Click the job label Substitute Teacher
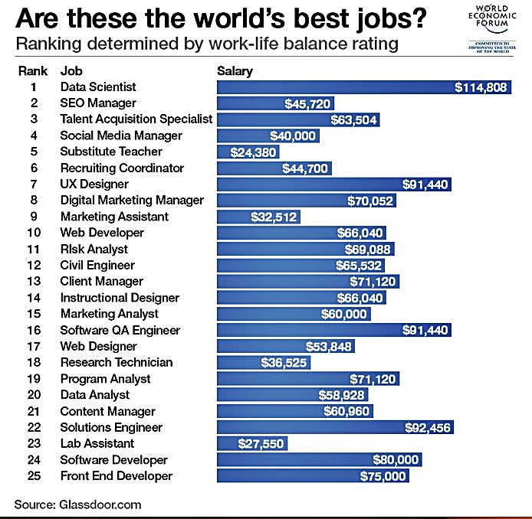pyautogui.click(x=111, y=152)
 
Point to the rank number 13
pyautogui.click(x=34, y=281)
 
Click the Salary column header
pyautogui.click(x=235, y=71)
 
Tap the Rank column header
pyautogui.click(x=33, y=71)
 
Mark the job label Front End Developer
pyautogui.click(x=117, y=475)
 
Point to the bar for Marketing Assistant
pyautogui.click(x=258, y=217)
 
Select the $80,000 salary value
pyautogui.click(x=396, y=459)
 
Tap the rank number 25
pyautogui.click(x=34, y=475)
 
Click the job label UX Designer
pyautogui.click(x=94, y=184)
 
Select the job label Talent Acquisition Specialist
pyautogui.click(x=136, y=119)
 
